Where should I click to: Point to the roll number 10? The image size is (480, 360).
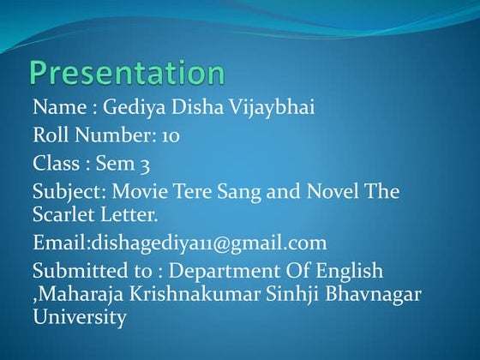[169, 135]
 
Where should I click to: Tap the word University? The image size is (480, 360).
[80, 317]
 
